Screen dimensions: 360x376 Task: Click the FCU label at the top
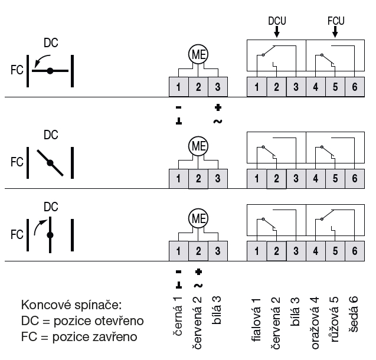[x=336, y=21]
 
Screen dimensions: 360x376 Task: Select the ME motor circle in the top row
[x=198, y=55]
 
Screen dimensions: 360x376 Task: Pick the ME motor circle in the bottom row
[x=198, y=218]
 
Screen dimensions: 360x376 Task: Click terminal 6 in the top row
[x=354, y=87]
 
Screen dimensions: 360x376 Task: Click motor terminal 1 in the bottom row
[x=178, y=251]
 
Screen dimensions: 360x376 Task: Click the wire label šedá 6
[x=354, y=316]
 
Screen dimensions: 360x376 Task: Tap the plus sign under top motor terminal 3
[x=218, y=108]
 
